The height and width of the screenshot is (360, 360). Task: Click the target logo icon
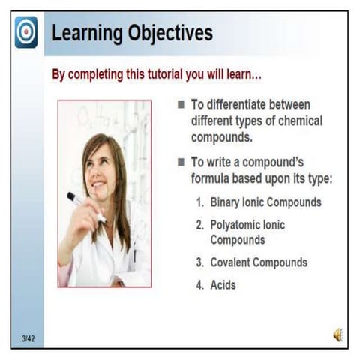[x=25, y=32]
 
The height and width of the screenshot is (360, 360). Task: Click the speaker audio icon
[x=338, y=335]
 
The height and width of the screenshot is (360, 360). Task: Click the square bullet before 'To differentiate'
[x=181, y=104]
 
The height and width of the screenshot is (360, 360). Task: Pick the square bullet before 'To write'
[x=181, y=162]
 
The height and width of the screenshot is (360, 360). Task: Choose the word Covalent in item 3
[x=232, y=262]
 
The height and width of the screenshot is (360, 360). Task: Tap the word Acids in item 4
[x=223, y=285]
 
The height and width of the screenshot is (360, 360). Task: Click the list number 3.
[x=200, y=262]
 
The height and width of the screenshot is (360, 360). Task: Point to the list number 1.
[x=200, y=202]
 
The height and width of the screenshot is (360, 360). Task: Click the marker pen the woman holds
[x=85, y=206]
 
